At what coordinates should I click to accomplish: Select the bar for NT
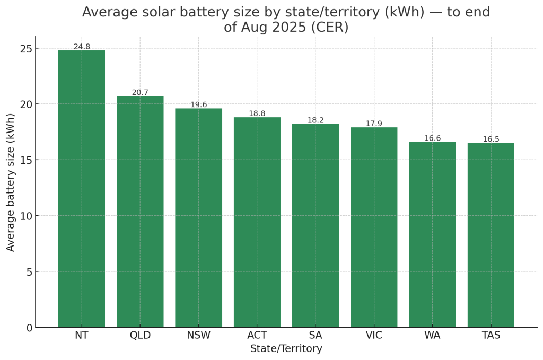(x=82, y=189)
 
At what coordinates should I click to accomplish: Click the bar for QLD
(x=140, y=212)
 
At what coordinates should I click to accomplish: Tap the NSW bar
(x=199, y=218)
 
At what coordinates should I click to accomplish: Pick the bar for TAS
(x=491, y=235)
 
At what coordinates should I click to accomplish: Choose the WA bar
(x=432, y=234)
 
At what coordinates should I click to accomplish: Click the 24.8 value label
(x=82, y=47)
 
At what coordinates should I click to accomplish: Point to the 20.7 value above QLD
(x=140, y=92)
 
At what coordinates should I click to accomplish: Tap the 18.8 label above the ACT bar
(x=257, y=113)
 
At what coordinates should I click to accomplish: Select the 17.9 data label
(x=374, y=124)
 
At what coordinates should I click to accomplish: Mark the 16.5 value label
(x=491, y=139)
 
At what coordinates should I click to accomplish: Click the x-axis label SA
(x=316, y=336)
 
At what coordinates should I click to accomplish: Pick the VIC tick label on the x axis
(x=374, y=336)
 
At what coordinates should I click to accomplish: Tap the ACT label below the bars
(x=257, y=336)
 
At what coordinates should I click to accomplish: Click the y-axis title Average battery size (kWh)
(x=11, y=182)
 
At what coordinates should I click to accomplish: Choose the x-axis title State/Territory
(x=286, y=349)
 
